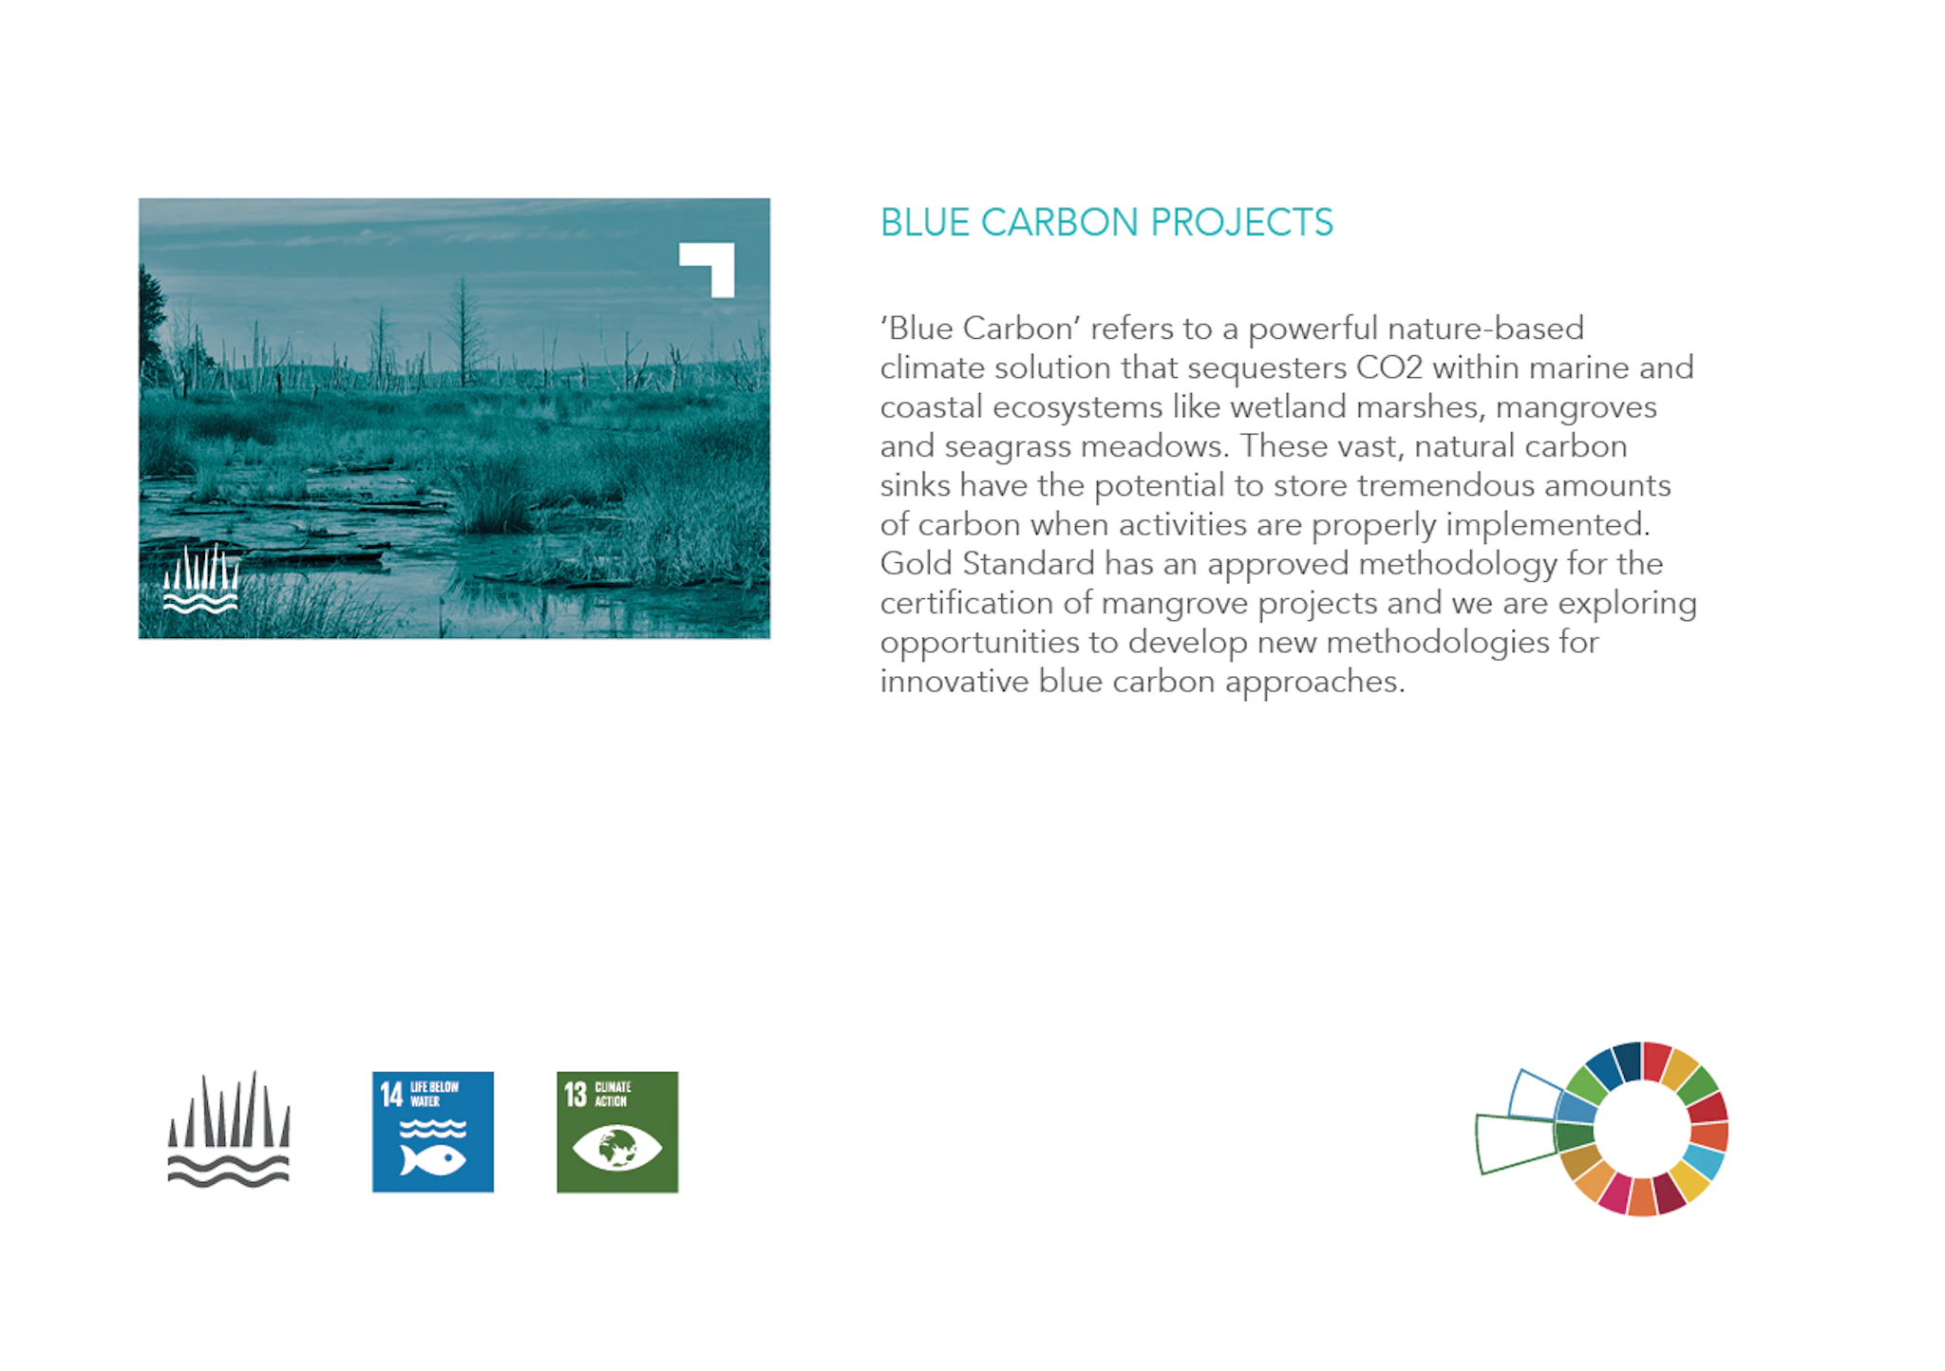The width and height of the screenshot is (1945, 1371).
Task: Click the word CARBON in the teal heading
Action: pos(1059,223)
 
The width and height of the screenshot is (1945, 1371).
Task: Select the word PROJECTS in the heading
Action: pos(1242,223)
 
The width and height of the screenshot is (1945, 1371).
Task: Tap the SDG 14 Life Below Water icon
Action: pos(433,1132)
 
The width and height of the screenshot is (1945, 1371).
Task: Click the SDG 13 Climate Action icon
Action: pos(617,1132)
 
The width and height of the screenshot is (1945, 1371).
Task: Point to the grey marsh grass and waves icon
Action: pos(229,1130)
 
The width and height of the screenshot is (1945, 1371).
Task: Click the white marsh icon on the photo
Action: pos(200,578)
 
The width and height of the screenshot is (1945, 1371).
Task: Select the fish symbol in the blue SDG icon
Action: pos(433,1159)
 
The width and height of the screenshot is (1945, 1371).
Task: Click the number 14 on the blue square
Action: pos(391,1095)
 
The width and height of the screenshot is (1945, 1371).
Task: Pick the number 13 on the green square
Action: pos(576,1095)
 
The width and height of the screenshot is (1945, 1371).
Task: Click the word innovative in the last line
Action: pos(954,682)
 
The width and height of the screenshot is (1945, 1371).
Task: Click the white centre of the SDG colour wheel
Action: pos(1642,1129)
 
